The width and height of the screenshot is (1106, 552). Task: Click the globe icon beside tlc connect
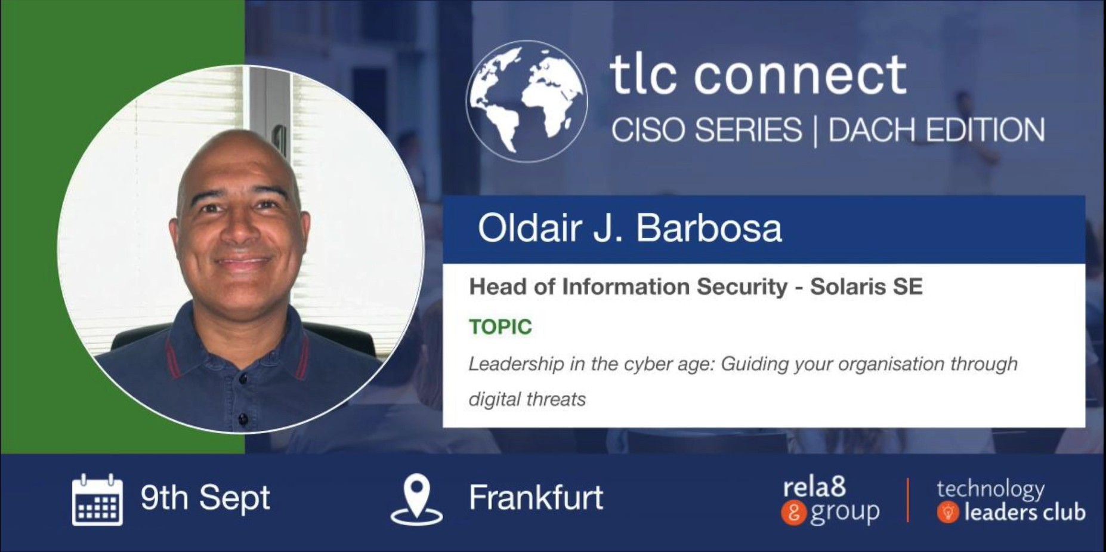[x=526, y=101]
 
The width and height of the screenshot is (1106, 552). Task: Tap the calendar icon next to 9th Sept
[x=97, y=500]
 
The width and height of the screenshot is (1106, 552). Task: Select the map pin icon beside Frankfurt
[x=416, y=500]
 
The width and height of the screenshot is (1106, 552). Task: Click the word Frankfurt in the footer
[x=536, y=498]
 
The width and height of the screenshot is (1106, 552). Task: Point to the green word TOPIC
[x=500, y=327]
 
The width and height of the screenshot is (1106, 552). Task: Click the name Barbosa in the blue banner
[x=709, y=228]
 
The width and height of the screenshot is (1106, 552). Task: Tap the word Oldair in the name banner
[x=530, y=228]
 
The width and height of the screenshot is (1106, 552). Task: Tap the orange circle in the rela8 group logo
[x=793, y=513]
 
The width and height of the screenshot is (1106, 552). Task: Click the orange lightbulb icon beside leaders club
[x=948, y=512]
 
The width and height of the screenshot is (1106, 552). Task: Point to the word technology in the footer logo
[x=990, y=489]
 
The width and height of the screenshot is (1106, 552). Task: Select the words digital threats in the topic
[x=527, y=399]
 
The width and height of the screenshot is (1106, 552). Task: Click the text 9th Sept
[x=205, y=498]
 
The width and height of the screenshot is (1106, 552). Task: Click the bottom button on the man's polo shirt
[x=243, y=420]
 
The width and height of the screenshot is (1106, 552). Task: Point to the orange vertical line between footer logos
[x=908, y=500]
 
